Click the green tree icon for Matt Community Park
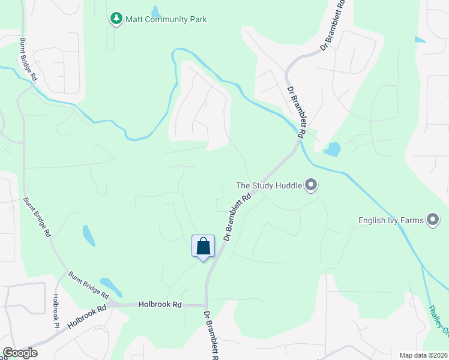(116, 19)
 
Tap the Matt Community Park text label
(166, 19)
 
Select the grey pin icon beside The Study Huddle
(310, 185)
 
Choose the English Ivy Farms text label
(391, 220)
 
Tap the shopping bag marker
(203, 246)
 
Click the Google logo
(19, 353)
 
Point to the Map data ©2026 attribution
(423, 355)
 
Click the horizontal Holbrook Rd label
(160, 305)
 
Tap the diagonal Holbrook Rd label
(86, 316)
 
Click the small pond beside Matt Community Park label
(156, 11)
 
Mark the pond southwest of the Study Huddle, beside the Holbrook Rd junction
(110, 286)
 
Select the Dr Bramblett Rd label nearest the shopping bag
(237, 217)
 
